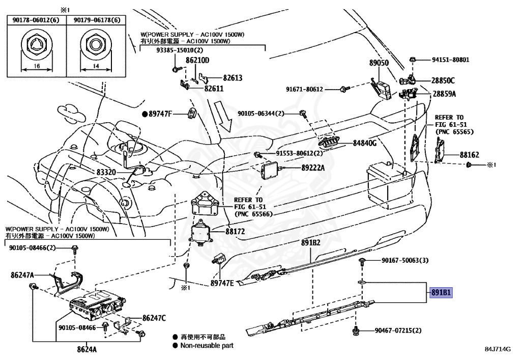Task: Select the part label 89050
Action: tap(379, 63)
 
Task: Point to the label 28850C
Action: tap(444, 80)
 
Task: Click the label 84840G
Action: tap(364, 143)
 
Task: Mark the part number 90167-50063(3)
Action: tap(405, 261)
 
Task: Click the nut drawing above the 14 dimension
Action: tap(97, 46)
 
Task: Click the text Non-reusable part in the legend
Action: tap(207, 346)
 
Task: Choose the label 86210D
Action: tap(197, 60)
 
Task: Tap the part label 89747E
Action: tap(222, 283)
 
